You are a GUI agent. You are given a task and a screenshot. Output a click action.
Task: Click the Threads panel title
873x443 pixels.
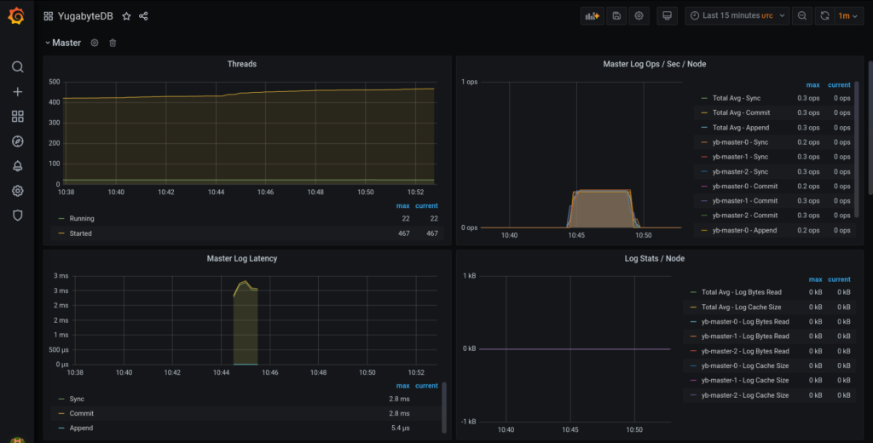point(241,64)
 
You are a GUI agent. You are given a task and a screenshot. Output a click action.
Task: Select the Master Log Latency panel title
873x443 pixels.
point(241,258)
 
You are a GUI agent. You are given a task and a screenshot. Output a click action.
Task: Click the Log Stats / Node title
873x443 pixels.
point(654,258)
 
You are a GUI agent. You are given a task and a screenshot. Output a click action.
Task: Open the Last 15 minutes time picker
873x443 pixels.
point(737,15)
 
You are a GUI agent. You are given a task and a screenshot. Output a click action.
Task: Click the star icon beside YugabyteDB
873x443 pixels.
point(126,16)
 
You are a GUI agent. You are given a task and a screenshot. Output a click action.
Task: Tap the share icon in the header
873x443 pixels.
point(143,16)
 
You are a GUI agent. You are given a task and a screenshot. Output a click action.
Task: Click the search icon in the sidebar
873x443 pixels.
point(17,66)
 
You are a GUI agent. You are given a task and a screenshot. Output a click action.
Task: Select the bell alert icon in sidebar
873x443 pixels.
point(17,166)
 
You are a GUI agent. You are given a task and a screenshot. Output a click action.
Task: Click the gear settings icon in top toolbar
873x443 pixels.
point(639,15)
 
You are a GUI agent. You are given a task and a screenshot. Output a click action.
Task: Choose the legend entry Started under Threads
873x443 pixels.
point(81,233)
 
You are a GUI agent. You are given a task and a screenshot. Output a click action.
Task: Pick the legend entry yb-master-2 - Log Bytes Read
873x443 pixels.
point(744,351)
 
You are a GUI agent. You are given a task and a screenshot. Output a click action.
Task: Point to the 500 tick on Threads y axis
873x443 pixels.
point(54,82)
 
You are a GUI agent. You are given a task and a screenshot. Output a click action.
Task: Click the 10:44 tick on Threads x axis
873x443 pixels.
point(216,193)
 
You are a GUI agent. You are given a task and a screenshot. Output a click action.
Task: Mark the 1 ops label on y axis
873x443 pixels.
point(469,82)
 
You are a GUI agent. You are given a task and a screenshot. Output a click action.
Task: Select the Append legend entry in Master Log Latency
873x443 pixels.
point(83,429)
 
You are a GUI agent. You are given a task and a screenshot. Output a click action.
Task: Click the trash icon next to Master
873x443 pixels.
point(113,43)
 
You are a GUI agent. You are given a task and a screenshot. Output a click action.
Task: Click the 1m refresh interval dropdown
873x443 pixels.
point(847,15)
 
